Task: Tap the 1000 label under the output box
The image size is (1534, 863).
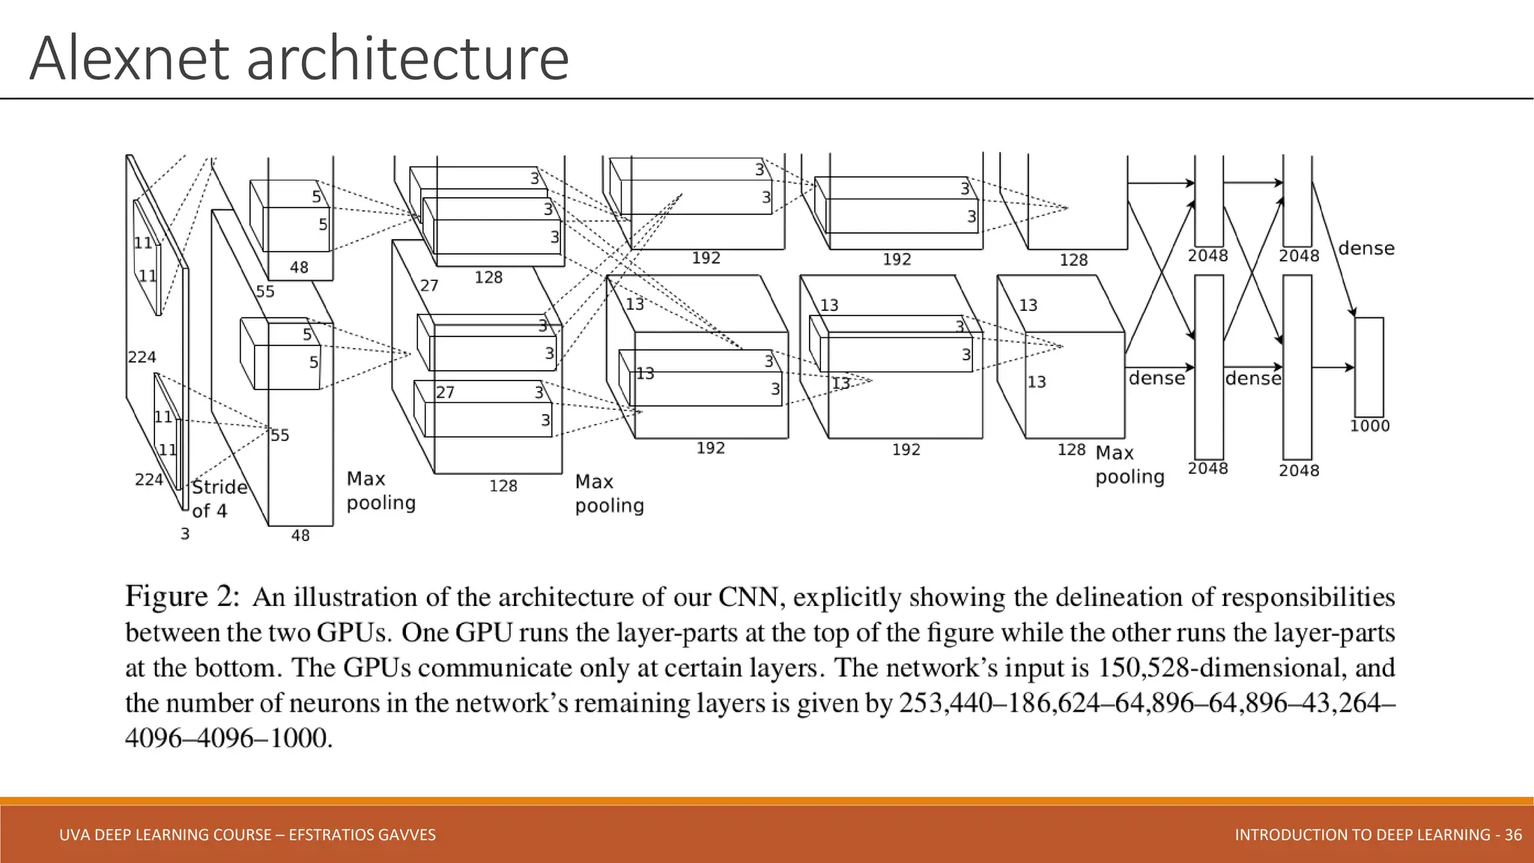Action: (x=1369, y=426)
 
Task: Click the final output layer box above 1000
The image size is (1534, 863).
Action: (x=1368, y=366)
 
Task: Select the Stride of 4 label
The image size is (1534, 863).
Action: (x=219, y=499)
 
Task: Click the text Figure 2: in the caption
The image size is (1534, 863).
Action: (x=182, y=597)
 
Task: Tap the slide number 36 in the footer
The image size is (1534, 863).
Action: (x=1513, y=835)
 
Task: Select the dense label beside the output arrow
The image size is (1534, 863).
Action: (x=1365, y=249)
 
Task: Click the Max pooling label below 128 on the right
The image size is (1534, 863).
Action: (x=1129, y=465)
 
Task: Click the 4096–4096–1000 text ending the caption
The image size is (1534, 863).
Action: (x=228, y=739)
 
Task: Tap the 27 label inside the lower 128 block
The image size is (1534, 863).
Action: (x=445, y=393)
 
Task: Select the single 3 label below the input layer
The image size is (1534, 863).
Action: (x=185, y=534)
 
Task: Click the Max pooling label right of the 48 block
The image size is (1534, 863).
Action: (x=381, y=491)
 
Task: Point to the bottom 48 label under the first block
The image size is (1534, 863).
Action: (x=300, y=536)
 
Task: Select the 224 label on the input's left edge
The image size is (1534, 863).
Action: (x=142, y=357)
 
